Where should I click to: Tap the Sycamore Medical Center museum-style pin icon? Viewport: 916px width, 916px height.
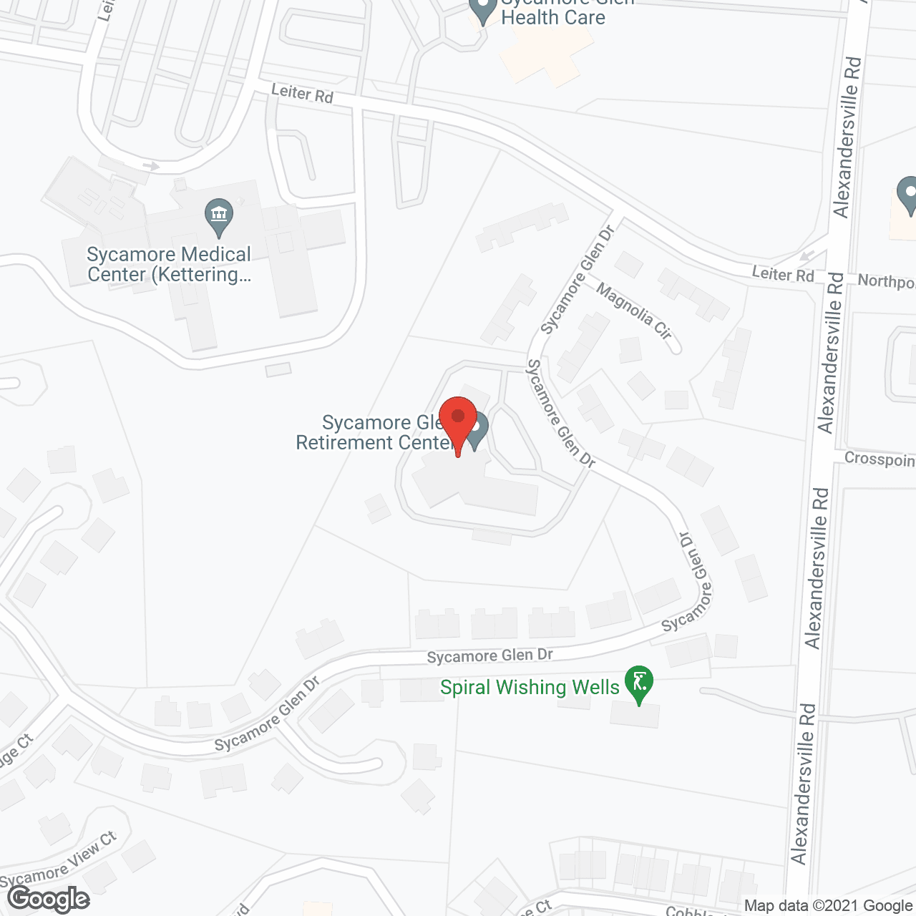(219, 217)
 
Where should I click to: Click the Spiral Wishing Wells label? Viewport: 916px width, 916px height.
(530, 688)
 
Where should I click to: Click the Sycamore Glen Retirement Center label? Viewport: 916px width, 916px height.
(375, 433)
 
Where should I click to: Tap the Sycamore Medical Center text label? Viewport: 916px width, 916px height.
(169, 265)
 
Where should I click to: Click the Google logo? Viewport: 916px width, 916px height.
(49, 899)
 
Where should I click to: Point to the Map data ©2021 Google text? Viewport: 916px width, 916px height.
(828, 906)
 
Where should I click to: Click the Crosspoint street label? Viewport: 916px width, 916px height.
(880, 459)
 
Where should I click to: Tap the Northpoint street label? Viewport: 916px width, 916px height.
(886, 281)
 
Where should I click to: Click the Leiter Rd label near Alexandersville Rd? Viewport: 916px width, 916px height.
(783, 273)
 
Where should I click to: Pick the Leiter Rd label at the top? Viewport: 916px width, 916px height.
(302, 93)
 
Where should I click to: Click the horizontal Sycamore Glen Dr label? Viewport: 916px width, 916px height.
(490, 656)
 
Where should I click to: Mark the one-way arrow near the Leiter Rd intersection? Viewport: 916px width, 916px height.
(807, 255)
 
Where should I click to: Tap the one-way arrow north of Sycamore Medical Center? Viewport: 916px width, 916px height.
(150, 166)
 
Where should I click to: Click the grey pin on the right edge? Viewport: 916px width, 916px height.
(908, 195)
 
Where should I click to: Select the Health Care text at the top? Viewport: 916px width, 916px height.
(553, 17)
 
